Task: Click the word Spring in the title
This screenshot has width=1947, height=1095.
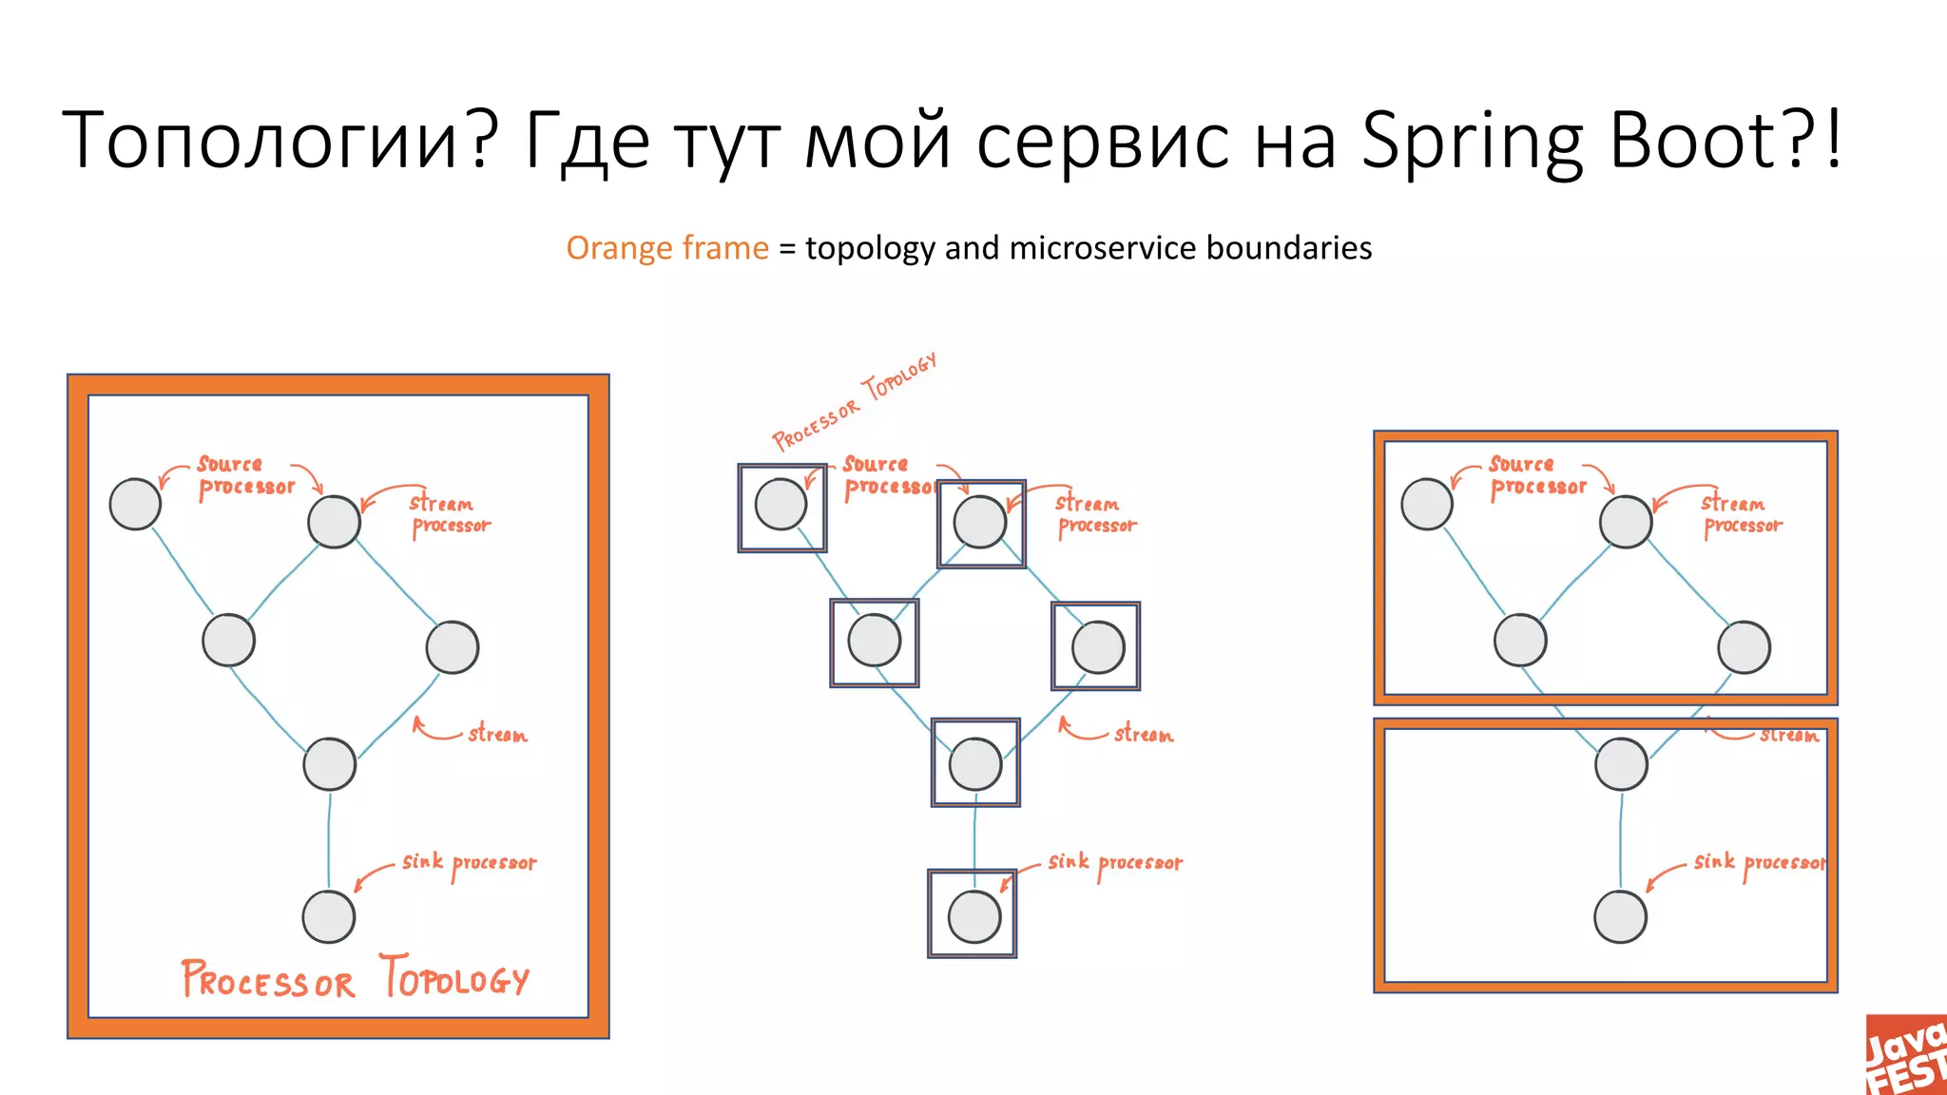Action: click(1472, 141)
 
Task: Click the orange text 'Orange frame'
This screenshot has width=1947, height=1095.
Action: click(666, 248)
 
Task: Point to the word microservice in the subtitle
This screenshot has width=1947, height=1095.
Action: click(1103, 248)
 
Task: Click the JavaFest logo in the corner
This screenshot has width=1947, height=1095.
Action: click(1906, 1055)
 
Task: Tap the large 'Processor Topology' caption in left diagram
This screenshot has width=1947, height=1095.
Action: click(355, 978)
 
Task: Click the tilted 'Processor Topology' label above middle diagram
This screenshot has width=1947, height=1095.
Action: click(854, 400)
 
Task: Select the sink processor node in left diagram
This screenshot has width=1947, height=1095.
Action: click(329, 916)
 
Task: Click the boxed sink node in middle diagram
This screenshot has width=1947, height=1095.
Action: click(974, 916)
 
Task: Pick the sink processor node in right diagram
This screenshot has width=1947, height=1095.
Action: click(1620, 916)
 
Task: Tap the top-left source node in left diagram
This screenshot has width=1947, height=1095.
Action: click(135, 504)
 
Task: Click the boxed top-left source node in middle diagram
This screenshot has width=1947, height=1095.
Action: click(781, 504)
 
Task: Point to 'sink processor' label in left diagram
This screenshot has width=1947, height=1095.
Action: click(469, 863)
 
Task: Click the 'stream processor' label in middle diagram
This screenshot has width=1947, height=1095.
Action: click(1095, 514)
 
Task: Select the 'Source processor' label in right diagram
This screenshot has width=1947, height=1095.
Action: click(1536, 475)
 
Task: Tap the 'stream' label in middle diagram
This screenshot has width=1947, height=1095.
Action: click(1143, 734)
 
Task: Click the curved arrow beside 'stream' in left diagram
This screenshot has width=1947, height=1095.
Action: click(434, 730)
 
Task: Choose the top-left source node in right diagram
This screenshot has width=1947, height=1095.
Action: click(1426, 504)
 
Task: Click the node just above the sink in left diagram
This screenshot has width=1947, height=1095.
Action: click(329, 763)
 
